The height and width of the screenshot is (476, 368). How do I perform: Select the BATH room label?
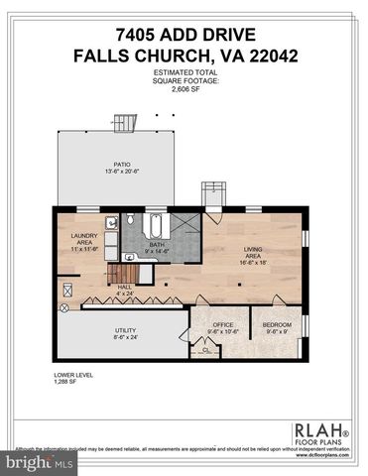tap(157, 244)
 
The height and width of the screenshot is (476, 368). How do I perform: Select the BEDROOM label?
tap(277, 325)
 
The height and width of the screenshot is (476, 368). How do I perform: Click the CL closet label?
tap(205, 350)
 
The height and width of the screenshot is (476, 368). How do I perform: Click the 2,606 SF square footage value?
tap(184, 87)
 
